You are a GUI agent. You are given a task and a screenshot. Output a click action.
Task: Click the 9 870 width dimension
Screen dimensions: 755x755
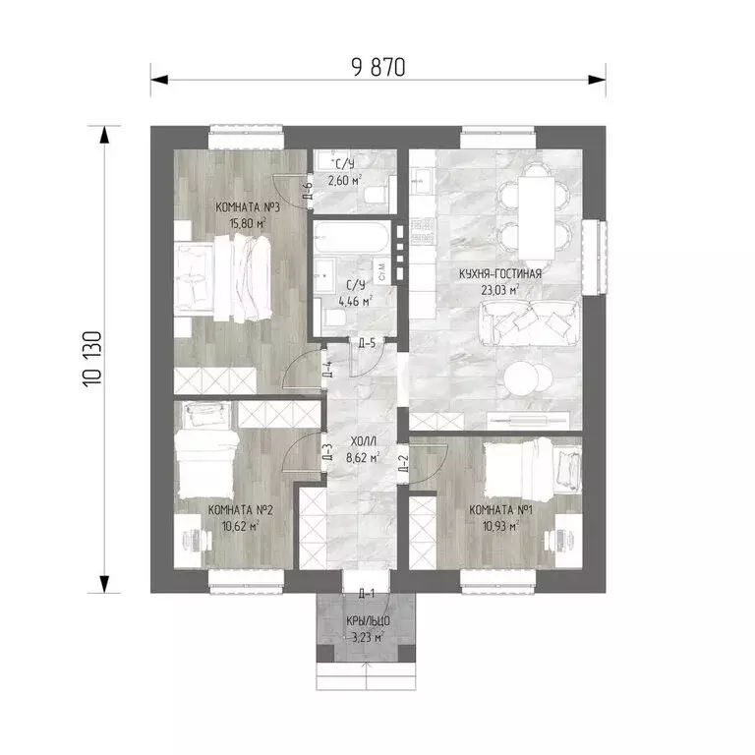pyautogui.click(x=378, y=68)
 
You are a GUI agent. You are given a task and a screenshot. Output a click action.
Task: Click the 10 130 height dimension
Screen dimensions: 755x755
pyautogui.click(x=92, y=359)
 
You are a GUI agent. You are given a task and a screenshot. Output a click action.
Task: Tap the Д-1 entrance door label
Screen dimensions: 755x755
pyautogui.click(x=367, y=594)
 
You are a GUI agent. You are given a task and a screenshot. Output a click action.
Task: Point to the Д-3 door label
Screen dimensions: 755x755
pyautogui.click(x=327, y=452)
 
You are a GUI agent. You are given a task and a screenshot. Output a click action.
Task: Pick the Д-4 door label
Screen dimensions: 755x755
pyautogui.click(x=327, y=370)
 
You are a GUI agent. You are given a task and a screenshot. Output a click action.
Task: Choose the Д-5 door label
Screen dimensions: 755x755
pyautogui.click(x=367, y=343)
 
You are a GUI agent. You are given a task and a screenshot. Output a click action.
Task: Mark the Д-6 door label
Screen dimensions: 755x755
pyautogui.click(x=308, y=191)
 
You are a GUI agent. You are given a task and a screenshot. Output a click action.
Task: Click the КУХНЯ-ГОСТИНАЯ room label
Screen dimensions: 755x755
pyautogui.click(x=500, y=274)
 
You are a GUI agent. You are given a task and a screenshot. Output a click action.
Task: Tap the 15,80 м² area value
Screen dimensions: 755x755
pyautogui.click(x=248, y=224)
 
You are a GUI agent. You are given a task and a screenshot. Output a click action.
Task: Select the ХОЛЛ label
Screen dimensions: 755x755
pyautogui.click(x=364, y=441)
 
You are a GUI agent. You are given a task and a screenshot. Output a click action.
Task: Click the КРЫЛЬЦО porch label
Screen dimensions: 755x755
pyautogui.click(x=369, y=621)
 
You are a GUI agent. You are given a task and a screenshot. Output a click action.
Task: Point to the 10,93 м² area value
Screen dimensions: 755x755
pyautogui.click(x=500, y=526)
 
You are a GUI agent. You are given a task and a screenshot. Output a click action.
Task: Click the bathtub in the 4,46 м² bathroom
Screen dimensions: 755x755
pyautogui.click(x=351, y=237)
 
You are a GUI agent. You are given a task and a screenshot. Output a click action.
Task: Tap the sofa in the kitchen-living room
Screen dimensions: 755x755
pyautogui.click(x=530, y=322)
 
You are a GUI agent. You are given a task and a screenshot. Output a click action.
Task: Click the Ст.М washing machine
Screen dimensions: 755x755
pyautogui.click(x=381, y=272)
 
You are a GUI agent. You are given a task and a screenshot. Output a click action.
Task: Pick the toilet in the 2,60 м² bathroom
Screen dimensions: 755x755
pyautogui.click(x=375, y=195)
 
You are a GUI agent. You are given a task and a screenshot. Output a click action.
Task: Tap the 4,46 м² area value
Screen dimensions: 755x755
pyautogui.click(x=356, y=302)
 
